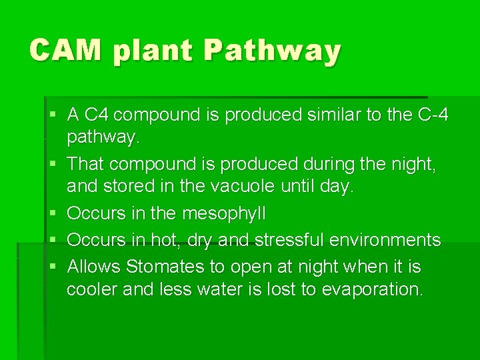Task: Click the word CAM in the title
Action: (x=65, y=51)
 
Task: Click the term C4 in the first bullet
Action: (x=99, y=115)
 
